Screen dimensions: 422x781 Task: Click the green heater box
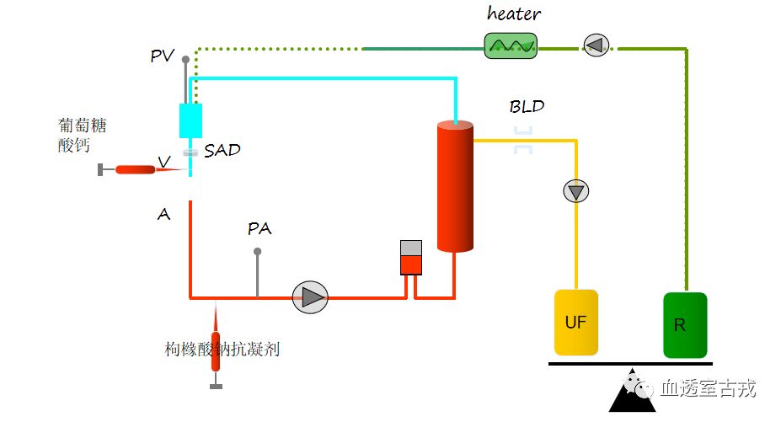click(511, 45)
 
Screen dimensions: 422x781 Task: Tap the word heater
click(513, 13)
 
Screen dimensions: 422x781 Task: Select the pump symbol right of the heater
click(595, 45)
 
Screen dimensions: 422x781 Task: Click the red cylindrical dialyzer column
click(455, 186)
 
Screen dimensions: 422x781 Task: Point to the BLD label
click(527, 107)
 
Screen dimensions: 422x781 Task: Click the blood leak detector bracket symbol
click(523, 140)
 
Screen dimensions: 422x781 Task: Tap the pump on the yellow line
click(576, 191)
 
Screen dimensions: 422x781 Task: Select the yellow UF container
click(575, 322)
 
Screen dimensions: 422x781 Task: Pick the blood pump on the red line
click(310, 296)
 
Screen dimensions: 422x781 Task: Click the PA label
click(259, 228)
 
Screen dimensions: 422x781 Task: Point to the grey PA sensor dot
click(258, 251)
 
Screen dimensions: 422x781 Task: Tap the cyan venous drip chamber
click(191, 120)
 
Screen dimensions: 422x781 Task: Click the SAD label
click(222, 151)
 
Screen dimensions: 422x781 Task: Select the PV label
click(163, 56)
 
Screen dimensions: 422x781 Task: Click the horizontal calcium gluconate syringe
click(139, 169)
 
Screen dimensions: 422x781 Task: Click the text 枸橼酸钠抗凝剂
click(222, 349)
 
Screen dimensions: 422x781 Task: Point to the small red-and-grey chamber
click(410, 257)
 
